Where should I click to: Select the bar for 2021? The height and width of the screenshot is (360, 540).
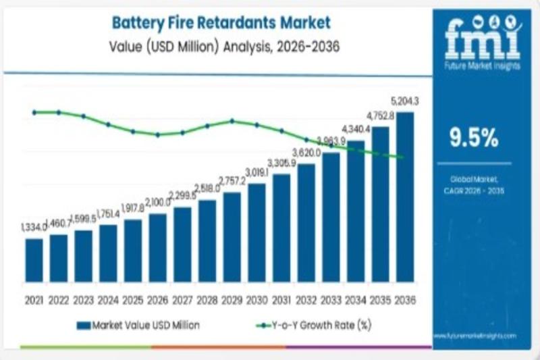34,259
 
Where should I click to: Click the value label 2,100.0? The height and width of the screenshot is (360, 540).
157,203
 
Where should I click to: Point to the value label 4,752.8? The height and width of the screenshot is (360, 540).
380,115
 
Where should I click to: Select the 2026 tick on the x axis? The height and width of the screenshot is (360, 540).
157,299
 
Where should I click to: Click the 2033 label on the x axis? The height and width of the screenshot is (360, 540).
331,299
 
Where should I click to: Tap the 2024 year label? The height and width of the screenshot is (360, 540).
108,299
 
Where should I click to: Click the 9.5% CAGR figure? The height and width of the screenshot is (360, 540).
475,138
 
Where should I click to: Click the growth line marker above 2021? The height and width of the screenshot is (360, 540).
34,112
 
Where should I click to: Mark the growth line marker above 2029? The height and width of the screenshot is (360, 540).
232,121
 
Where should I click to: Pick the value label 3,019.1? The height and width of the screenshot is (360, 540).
256,173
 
